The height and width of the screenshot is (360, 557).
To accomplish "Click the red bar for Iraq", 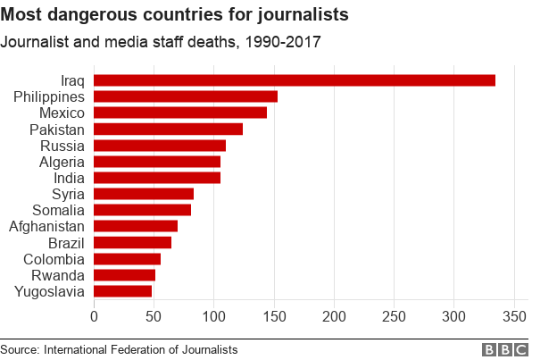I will click(295, 80).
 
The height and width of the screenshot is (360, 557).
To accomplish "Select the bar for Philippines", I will click(186, 96).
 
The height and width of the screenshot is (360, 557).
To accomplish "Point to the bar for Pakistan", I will click(168, 129).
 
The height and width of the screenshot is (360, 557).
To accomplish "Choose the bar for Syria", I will click(144, 193).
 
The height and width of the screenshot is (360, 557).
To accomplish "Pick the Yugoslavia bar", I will click(122, 290).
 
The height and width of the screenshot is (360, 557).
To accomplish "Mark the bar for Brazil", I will click(132, 242).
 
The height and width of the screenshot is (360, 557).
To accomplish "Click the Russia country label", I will click(62, 146).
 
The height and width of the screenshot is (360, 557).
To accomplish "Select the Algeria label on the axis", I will click(62, 162).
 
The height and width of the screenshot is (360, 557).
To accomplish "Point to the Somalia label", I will click(58, 210).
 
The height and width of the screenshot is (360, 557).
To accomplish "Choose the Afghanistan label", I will click(47, 226).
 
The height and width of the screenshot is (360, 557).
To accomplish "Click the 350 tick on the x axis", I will click(515, 316).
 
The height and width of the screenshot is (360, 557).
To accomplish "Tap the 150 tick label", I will click(274, 316).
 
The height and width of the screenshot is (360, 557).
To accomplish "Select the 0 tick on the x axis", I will click(94, 316).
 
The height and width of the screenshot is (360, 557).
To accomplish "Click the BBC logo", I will click(505, 349).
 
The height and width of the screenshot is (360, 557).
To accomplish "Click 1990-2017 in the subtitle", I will click(277, 41).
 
